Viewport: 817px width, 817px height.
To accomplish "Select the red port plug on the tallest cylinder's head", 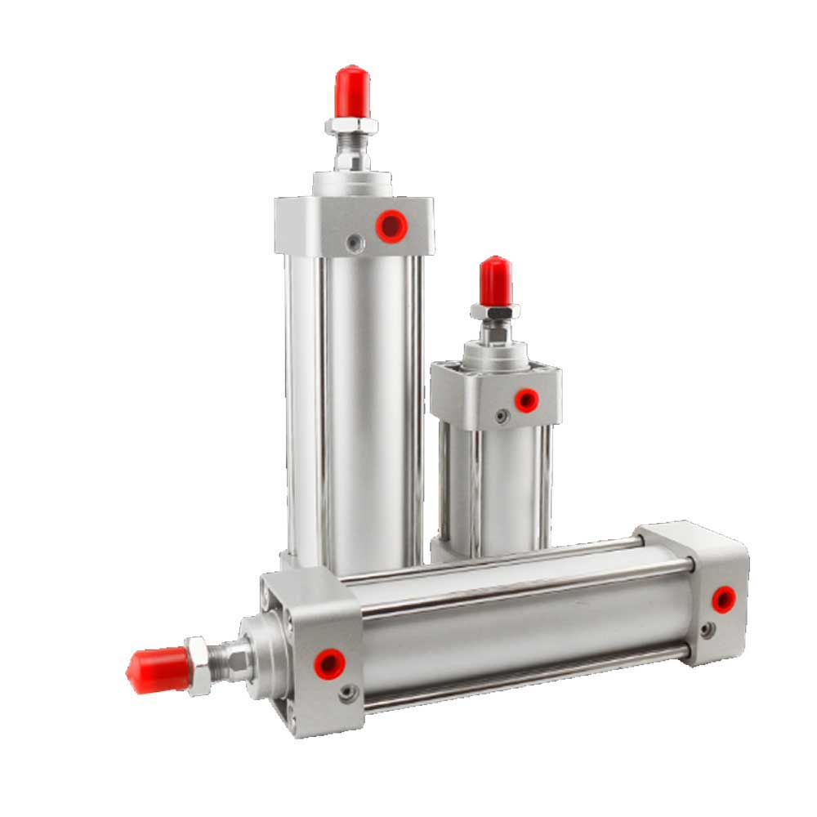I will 391,225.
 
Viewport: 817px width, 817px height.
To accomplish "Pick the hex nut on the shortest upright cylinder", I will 495,312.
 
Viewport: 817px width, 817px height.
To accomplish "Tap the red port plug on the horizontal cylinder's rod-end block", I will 329,662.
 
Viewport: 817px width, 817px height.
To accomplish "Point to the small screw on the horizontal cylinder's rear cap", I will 708,630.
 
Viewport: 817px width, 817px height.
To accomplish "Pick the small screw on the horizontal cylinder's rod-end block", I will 349,693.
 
